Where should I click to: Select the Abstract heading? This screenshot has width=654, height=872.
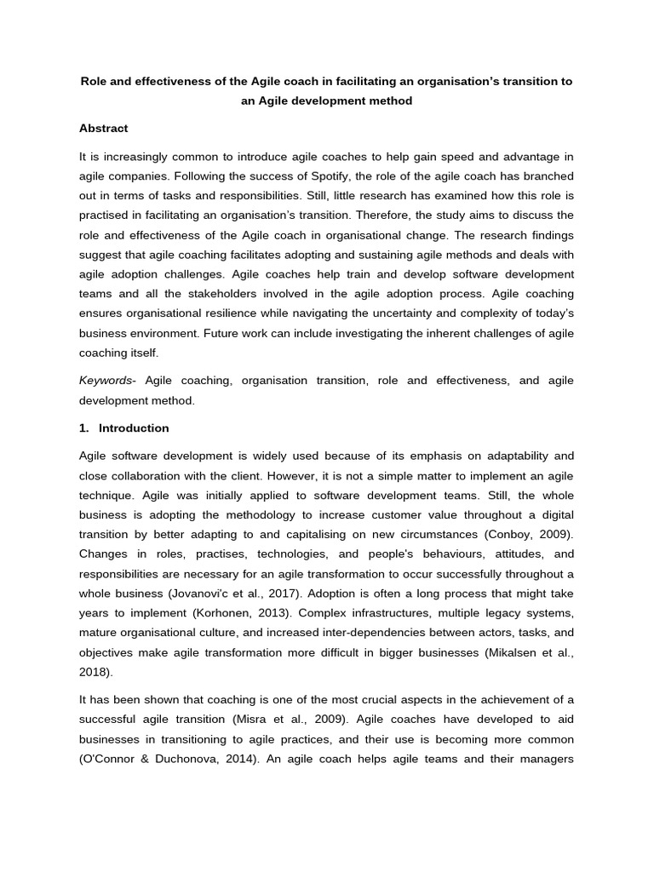103,129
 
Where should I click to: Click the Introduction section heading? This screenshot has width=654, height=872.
134,428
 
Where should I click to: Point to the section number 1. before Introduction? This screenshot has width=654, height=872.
84,428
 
